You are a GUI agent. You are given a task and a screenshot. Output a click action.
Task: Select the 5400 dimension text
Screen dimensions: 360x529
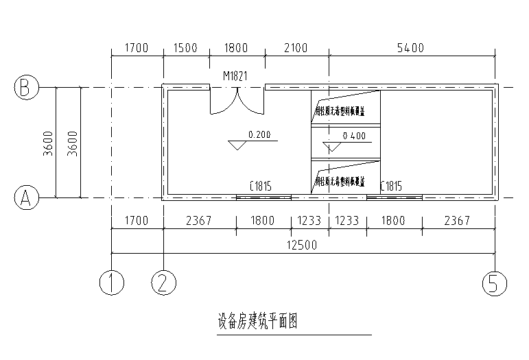click(x=411, y=48)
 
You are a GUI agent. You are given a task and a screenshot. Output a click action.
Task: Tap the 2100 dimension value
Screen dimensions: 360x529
click(x=296, y=48)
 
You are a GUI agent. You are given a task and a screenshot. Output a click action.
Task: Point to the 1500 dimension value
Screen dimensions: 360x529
click(x=185, y=48)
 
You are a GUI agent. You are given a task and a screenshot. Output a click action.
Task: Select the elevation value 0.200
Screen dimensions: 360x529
click(x=259, y=134)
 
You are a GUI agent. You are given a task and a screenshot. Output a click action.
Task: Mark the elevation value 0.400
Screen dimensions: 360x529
click(x=353, y=136)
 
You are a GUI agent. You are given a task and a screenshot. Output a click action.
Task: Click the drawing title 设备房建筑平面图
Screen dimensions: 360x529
click(x=257, y=322)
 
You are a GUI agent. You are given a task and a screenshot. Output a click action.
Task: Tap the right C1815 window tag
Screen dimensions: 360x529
click(x=390, y=186)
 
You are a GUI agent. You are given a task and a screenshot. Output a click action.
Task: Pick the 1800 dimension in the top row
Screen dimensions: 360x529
click(x=236, y=48)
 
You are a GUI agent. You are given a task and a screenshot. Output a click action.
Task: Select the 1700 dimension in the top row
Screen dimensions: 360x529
click(x=137, y=48)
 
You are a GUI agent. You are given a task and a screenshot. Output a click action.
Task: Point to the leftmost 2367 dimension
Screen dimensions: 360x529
click(x=199, y=221)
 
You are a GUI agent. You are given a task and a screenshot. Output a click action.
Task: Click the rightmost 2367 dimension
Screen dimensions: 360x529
click(x=458, y=221)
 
